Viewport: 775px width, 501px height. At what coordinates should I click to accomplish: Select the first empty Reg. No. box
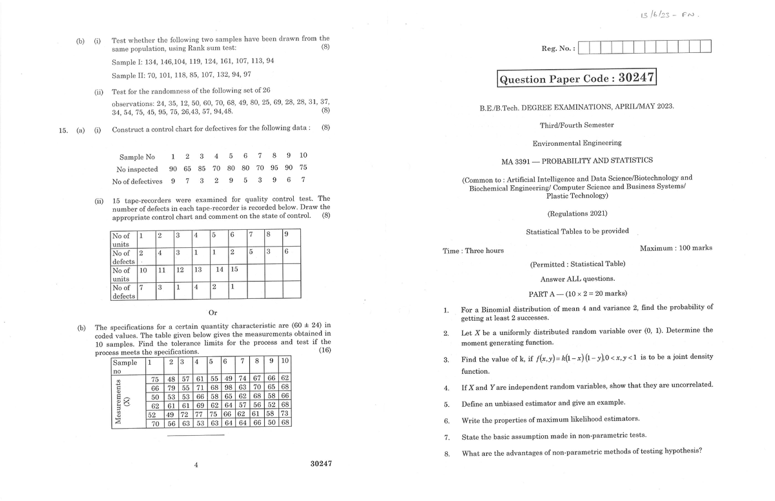584,47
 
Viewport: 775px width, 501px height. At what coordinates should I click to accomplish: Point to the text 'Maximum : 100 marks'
676,248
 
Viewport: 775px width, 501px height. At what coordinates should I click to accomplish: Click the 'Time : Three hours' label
473,251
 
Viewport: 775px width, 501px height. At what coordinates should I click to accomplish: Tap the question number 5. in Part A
446,404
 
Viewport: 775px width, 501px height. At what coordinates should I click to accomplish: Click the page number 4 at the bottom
196,465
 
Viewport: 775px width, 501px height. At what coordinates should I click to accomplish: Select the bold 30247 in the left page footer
321,464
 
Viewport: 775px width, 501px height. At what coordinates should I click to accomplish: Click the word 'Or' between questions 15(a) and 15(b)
204,313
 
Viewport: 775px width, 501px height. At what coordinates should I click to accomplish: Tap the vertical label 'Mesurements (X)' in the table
121,401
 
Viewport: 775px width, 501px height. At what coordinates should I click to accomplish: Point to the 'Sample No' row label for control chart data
137,157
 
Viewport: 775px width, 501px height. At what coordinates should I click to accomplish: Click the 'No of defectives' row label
137,181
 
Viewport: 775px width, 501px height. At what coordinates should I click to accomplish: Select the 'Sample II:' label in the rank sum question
127,76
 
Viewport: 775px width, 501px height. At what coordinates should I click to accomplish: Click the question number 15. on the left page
63,128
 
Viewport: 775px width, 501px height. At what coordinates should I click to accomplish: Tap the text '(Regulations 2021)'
577,213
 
